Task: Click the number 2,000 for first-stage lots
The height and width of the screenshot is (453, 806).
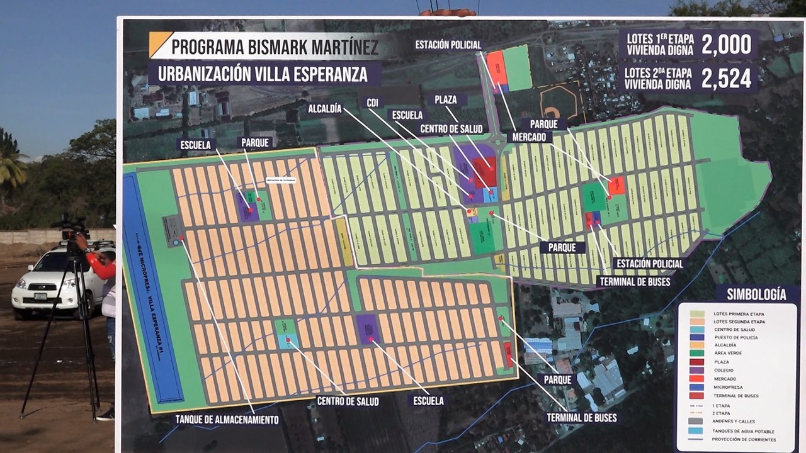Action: tap(726, 45)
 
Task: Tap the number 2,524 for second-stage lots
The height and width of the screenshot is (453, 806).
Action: tap(726, 78)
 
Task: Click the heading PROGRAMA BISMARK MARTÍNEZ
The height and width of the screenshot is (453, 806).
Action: tap(275, 47)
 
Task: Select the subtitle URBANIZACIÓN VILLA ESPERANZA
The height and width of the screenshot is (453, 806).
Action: tap(263, 74)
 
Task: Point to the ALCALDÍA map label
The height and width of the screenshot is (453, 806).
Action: tap(325, 109)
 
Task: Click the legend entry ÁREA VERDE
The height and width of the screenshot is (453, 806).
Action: tap(727, 354)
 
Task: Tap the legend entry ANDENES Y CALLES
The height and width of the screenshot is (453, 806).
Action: tap(734, 421)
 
